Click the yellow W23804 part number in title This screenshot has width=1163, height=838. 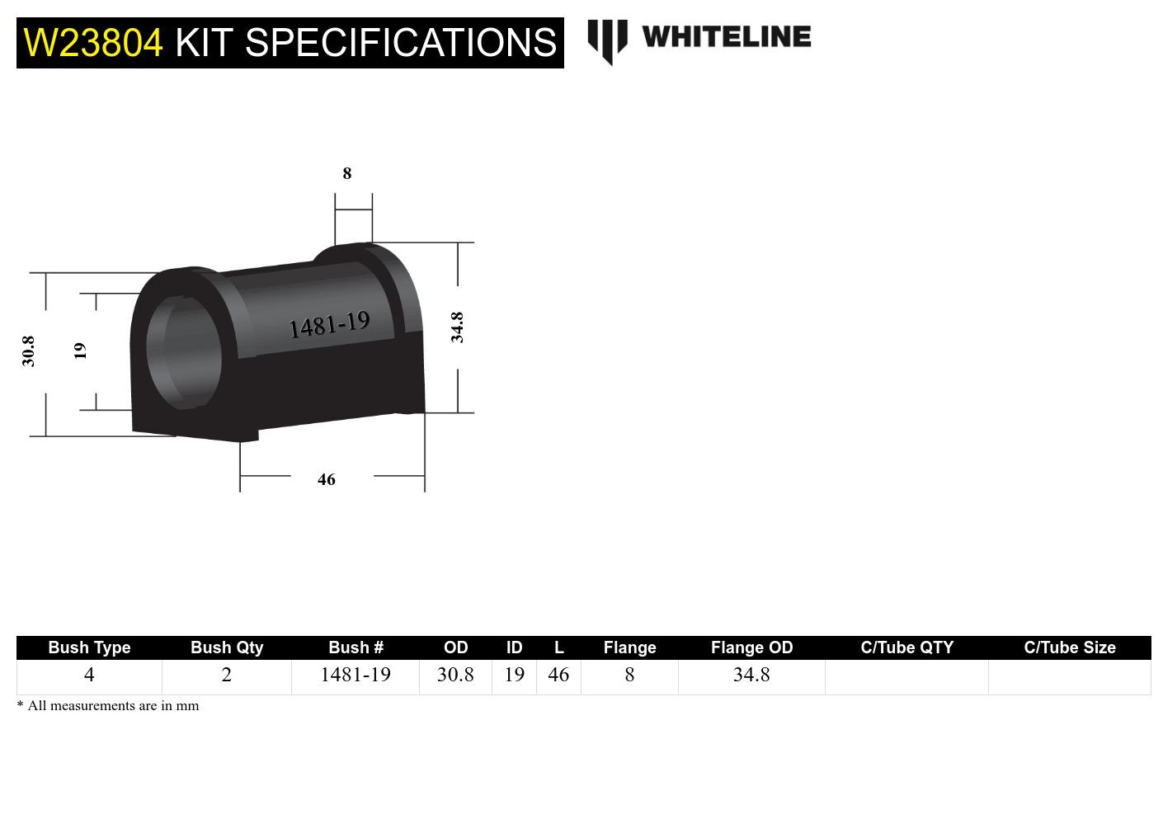[x=93, y=43]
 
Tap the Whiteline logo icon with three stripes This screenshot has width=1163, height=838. [x=607, y=41]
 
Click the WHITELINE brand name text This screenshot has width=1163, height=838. [x=726, y=37]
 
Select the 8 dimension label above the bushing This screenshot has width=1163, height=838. [x=347, y=173]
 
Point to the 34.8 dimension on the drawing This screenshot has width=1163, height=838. [x=457, y=327]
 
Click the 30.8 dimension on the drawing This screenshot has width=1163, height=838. [x=29, y=351]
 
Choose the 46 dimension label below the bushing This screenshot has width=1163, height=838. [x=327, y=479]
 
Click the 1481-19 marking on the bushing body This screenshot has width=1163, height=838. [x=329, y=325]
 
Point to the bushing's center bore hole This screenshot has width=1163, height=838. [x=185, y=348]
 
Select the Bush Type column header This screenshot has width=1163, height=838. [x=89, y=647]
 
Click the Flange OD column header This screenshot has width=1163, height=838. [x=751, y=647]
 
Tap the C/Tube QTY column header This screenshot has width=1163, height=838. [x=906, y=647]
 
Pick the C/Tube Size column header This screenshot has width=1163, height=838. [x=1069, y=647]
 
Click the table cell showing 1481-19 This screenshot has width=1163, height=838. [x=355, y=675]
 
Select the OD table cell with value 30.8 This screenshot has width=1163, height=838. [x=455, y=675]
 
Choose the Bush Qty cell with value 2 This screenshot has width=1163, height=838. [x=227, y=675]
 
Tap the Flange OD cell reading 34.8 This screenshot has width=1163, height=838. [x=751, y=675]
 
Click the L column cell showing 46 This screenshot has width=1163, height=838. [x=558, y=675]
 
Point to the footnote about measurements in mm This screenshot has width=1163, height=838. [x=108, y=706]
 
